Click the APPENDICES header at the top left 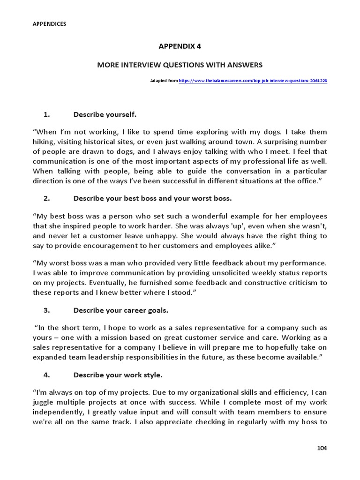point(49,24)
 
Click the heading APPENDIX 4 point(180,46)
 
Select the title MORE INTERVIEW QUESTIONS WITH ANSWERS point(180,64)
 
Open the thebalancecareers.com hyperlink point(253,81)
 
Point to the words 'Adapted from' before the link point(164,81)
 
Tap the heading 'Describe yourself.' point(105,114)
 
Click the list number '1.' point(46,114)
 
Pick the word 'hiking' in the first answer point(44,142)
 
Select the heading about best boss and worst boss point(152,198)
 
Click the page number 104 point(322,448)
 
